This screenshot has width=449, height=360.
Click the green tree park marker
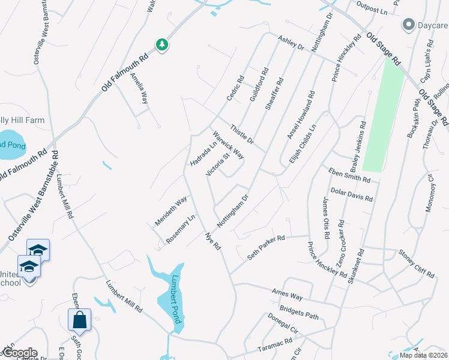coord(161,44)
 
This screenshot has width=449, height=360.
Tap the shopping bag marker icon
coord(79,321)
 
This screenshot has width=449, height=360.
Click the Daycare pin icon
coord(409,25)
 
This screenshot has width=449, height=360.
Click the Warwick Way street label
coord(228,145)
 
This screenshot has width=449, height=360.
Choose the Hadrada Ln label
coord(203,154)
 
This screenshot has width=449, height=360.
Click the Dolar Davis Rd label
coord(352,194)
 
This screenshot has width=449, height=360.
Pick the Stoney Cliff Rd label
coord(416,265)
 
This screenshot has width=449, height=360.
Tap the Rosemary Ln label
coord(181,229)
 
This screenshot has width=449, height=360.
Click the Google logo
coord(19,353)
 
